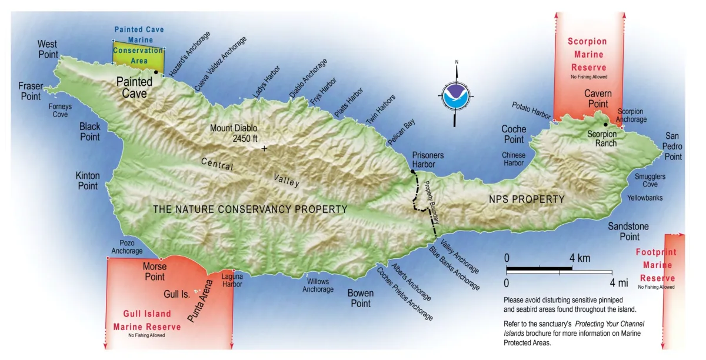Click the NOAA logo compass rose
457,94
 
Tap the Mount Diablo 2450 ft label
234,133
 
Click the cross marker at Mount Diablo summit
264,149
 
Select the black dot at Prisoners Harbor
412,172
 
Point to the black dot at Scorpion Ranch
605,124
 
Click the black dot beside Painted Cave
156,72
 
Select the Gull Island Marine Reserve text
146,321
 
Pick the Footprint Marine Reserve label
657,265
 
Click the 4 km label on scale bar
580,258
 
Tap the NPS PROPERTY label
527,199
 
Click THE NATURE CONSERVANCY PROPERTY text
250,209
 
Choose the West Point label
48,49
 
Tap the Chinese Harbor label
513,159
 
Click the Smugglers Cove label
650,180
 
